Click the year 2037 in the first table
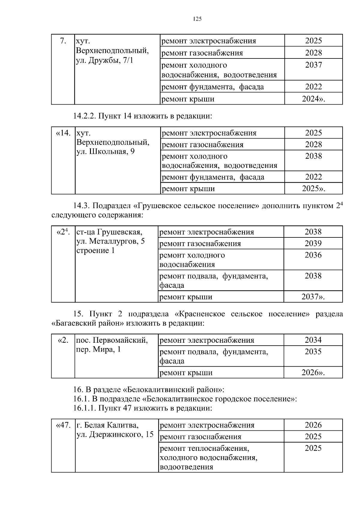coord(313,65)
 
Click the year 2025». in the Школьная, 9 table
coord(313,189)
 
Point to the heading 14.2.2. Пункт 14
coord(142,116)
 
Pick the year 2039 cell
coord(313,243)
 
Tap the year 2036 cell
coord(313,255)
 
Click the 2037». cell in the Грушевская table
coord(313,297)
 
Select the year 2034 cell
coord(313,340)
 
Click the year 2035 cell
coord(313,352)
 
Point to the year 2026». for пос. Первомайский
coord(313,373)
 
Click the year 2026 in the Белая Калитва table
coord(313,425)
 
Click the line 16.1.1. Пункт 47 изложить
coord(142,408)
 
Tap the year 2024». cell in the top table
coord(313,99)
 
